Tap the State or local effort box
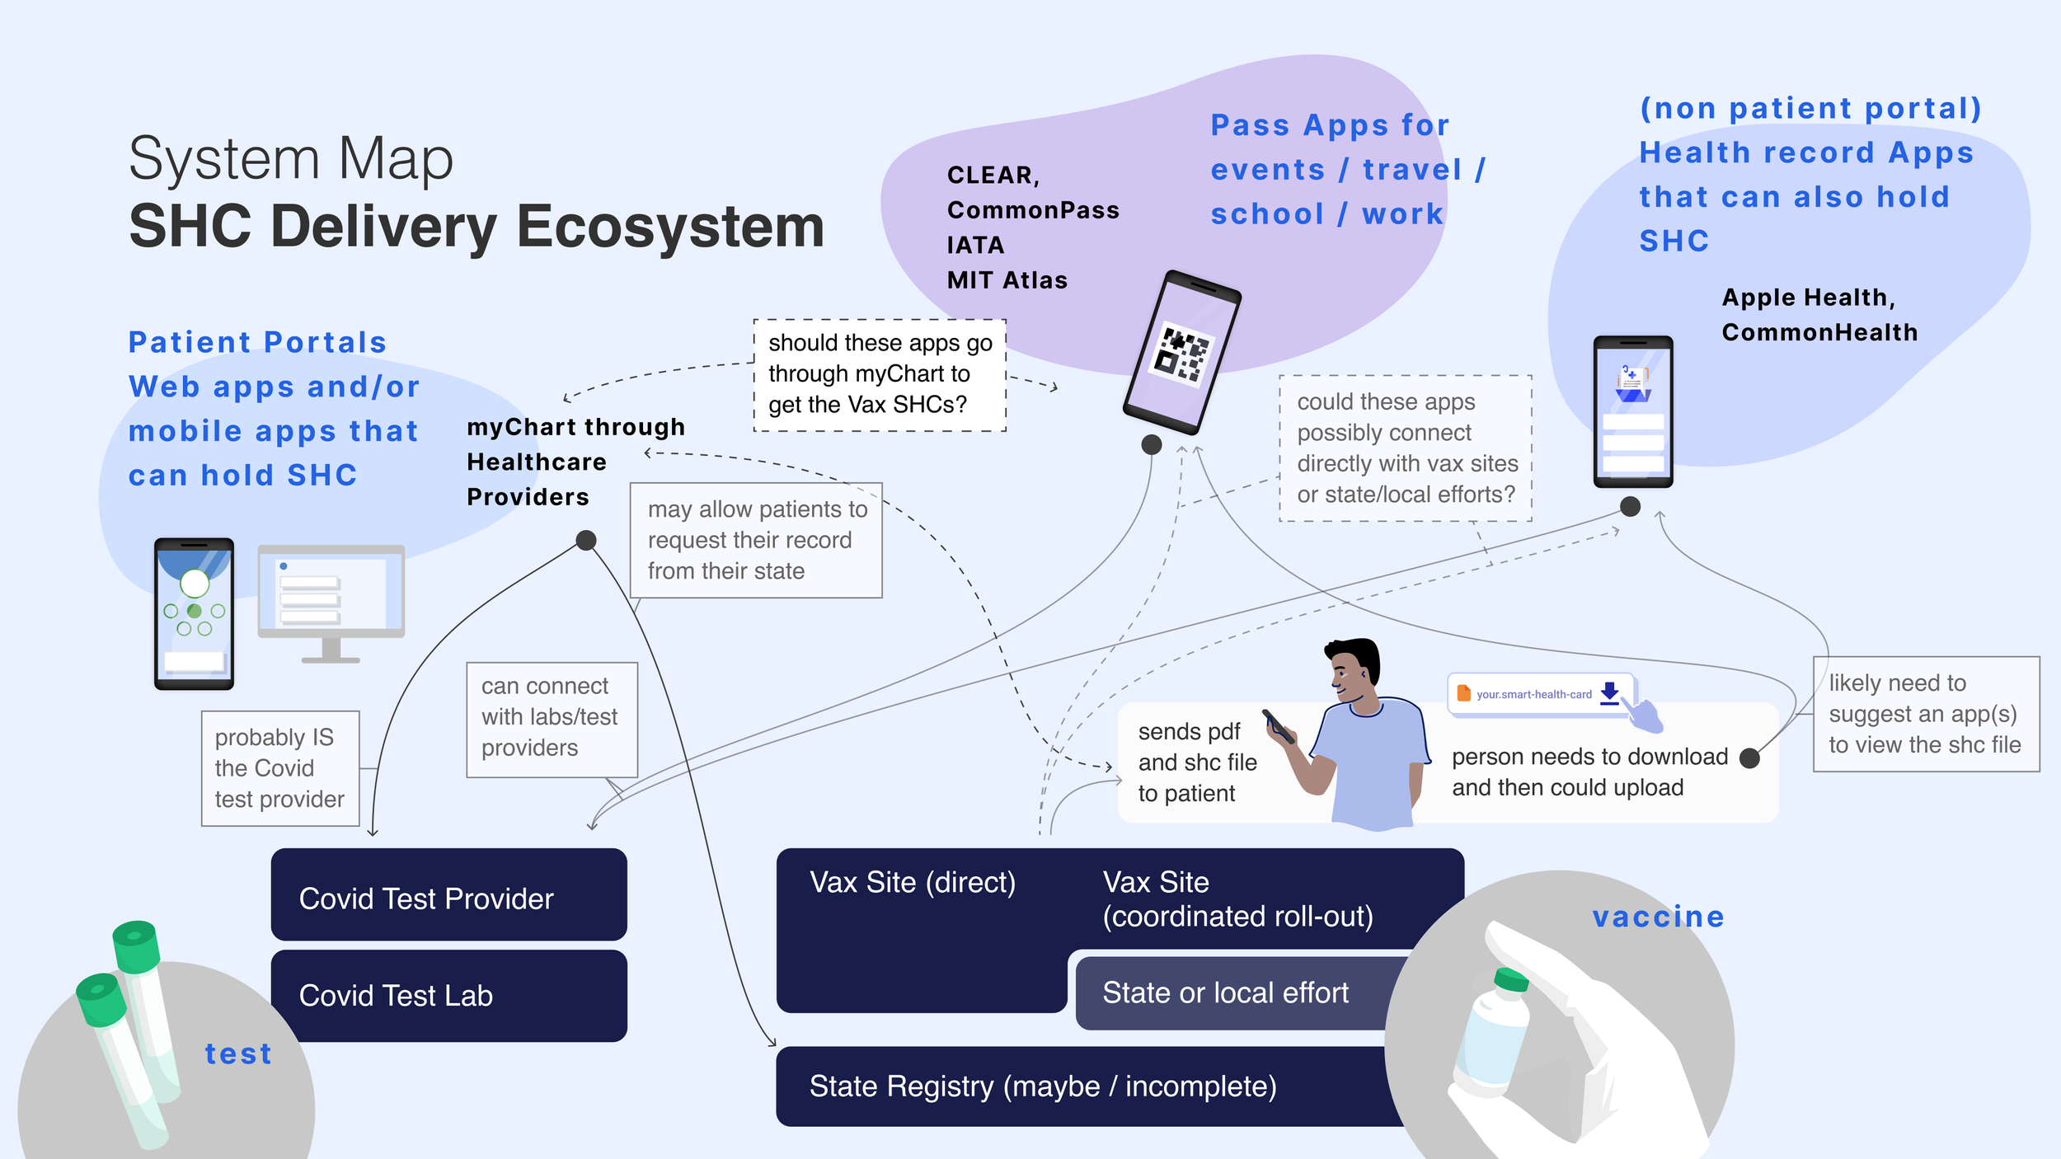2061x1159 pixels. [x=1226, y=992]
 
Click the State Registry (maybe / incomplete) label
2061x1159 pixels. [x=1042, y=1086]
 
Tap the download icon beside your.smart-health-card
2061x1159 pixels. [x=1609, y=692]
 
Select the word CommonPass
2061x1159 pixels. [x=1033, y=210]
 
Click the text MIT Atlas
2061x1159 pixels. [x=1007, y=280]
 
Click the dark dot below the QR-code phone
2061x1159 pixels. [x=1152, y=445]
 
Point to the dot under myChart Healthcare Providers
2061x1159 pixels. [x=586, y=541]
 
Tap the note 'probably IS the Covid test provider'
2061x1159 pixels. [x=280, y=768]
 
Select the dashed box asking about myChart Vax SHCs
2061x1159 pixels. [x=880, y=374]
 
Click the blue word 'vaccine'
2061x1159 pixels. [x=1658, y=917]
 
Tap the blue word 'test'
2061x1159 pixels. [x=238, y=1053]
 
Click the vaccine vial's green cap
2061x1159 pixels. [x=1512, y=979]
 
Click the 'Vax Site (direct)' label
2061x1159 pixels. [x=913, y=883]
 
